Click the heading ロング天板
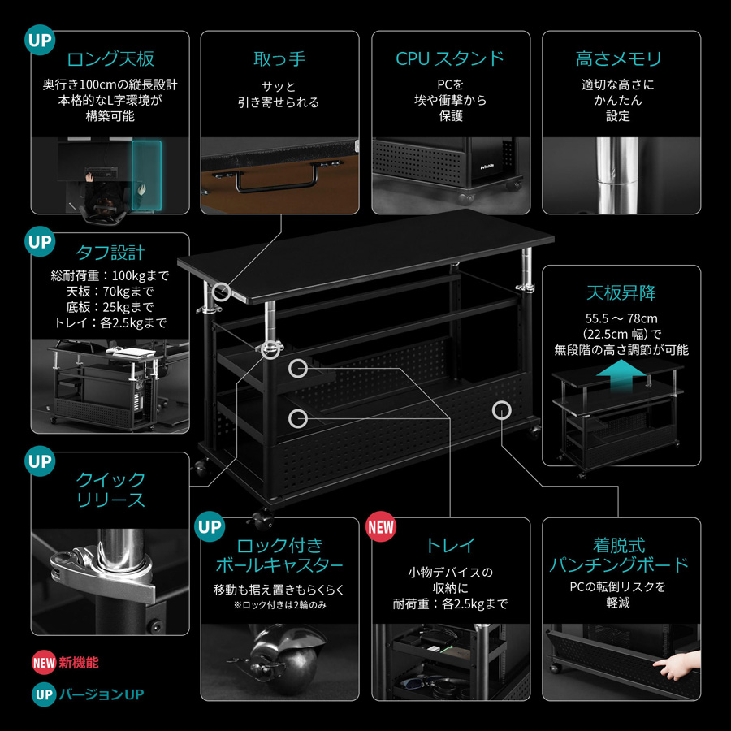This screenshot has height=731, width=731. tap(110, 58)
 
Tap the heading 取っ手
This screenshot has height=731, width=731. tap(279, 58)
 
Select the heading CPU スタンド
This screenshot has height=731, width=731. tap(450, 58)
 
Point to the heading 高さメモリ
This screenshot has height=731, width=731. tap(619, 58)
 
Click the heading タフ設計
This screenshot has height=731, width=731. tap(110, 252)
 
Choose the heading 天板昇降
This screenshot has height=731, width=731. tap(621, 292)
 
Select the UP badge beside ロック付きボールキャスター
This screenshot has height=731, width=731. tap(210, 526)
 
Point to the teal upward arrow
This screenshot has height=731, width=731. tap(621, 375)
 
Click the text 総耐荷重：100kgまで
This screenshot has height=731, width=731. tap(110, 275)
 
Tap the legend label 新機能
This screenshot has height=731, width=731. tap(79, 662)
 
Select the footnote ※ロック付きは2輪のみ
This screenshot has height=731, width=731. tap(279, 604)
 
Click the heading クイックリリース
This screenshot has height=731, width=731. tap(110, 489)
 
